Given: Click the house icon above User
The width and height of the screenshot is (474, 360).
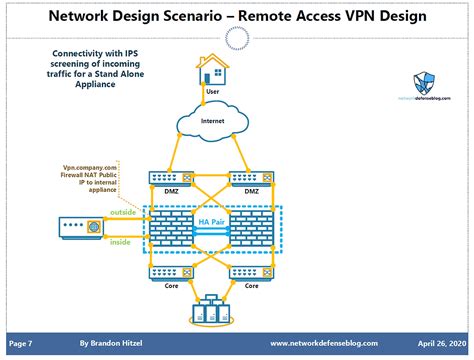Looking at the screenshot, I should (211, 71).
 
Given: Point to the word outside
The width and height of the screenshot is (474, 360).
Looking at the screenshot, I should (122, 212).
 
